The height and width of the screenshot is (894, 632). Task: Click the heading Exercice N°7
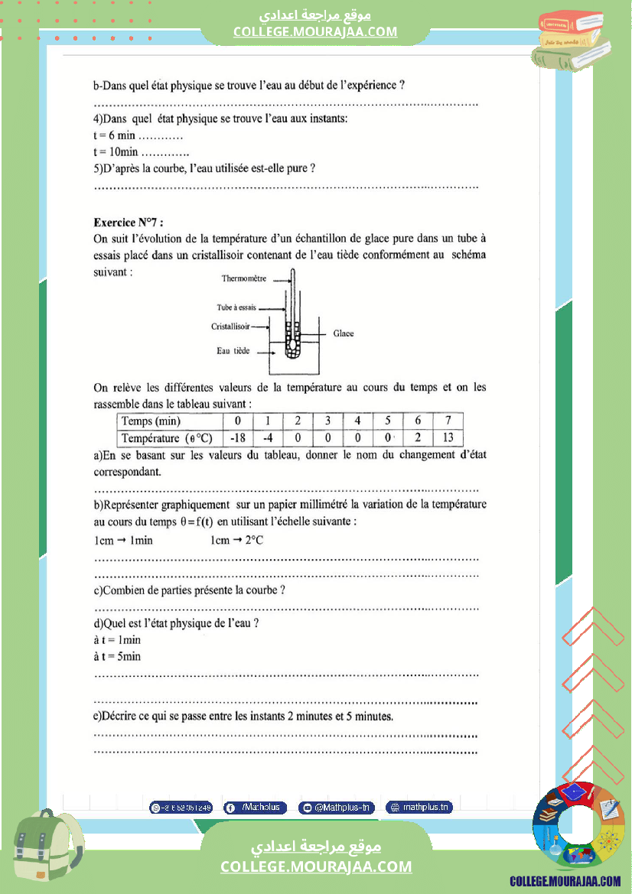pos(129,223)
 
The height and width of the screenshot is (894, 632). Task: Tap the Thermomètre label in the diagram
pos(243,279)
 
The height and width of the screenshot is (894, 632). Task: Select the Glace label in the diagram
pos(344,333)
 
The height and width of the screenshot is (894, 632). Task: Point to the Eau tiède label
pos(233,352)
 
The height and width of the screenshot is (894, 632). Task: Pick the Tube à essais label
pos(236,307)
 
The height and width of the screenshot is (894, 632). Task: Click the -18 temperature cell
pos(237,438)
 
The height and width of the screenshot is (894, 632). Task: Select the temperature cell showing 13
pos(448,438)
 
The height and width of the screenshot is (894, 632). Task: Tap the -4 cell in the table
pos(268,438)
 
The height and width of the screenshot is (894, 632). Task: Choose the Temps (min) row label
pos(151,421)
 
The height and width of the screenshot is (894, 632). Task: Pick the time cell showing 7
pos(448,421)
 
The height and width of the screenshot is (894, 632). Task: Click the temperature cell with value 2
pos(418,438)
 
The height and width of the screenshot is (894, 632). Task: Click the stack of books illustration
pos(573,41)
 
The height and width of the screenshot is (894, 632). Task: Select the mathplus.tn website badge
pos(419,807)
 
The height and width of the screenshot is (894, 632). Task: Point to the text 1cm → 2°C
pos(237,540)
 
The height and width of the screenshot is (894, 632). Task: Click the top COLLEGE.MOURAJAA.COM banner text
pos(315,31)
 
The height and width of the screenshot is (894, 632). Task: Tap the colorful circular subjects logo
pos(578,828)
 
